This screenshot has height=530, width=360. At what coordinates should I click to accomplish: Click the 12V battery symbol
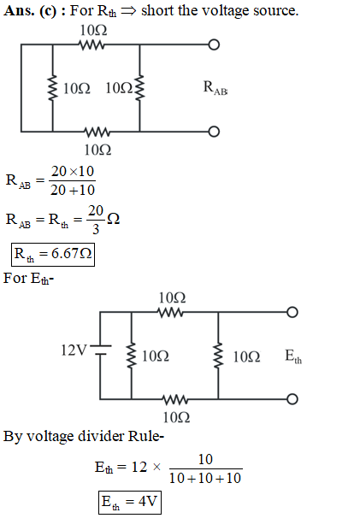pos(100,350)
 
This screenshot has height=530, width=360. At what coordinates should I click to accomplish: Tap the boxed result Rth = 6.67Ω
pos(53,255)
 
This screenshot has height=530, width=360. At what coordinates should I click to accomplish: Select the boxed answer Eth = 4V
pos(130,503)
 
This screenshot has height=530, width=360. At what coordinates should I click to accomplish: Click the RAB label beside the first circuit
pos(215,88)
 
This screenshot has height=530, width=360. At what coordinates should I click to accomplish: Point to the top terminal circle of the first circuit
pos(214,44)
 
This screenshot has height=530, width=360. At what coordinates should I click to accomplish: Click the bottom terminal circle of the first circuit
pos(214,132)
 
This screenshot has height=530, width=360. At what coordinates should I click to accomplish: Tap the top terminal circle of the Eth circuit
pos(292,312)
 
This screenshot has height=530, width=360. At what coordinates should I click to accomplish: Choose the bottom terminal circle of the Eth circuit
pos(292,399)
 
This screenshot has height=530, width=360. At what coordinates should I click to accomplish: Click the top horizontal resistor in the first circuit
pos(91,44)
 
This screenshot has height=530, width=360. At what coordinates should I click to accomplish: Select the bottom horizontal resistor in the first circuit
pos(97,132)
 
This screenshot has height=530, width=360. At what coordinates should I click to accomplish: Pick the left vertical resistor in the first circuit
pos(52,88)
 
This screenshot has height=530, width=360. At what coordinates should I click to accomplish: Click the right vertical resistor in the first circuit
pos(140,88)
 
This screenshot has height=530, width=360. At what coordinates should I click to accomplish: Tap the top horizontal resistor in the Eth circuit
pos(171,312)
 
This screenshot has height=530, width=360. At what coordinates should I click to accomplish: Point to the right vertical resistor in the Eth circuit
pos(218,356)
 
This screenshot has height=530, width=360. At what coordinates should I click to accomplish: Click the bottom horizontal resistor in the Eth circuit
pos(175,399)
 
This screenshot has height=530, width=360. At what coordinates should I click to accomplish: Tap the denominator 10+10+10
pos(205,479)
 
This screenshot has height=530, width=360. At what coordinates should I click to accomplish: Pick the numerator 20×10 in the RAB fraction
pos(73,171)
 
